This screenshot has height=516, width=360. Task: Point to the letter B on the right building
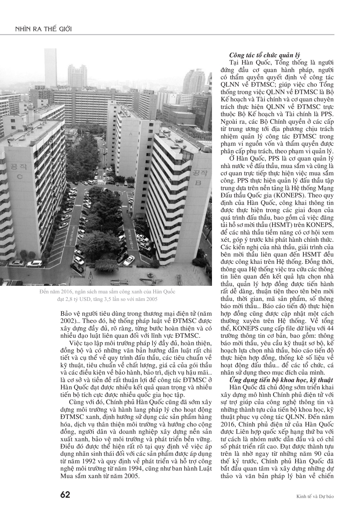(x=198, y=183)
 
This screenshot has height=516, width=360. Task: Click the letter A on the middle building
(x=131, y=134)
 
